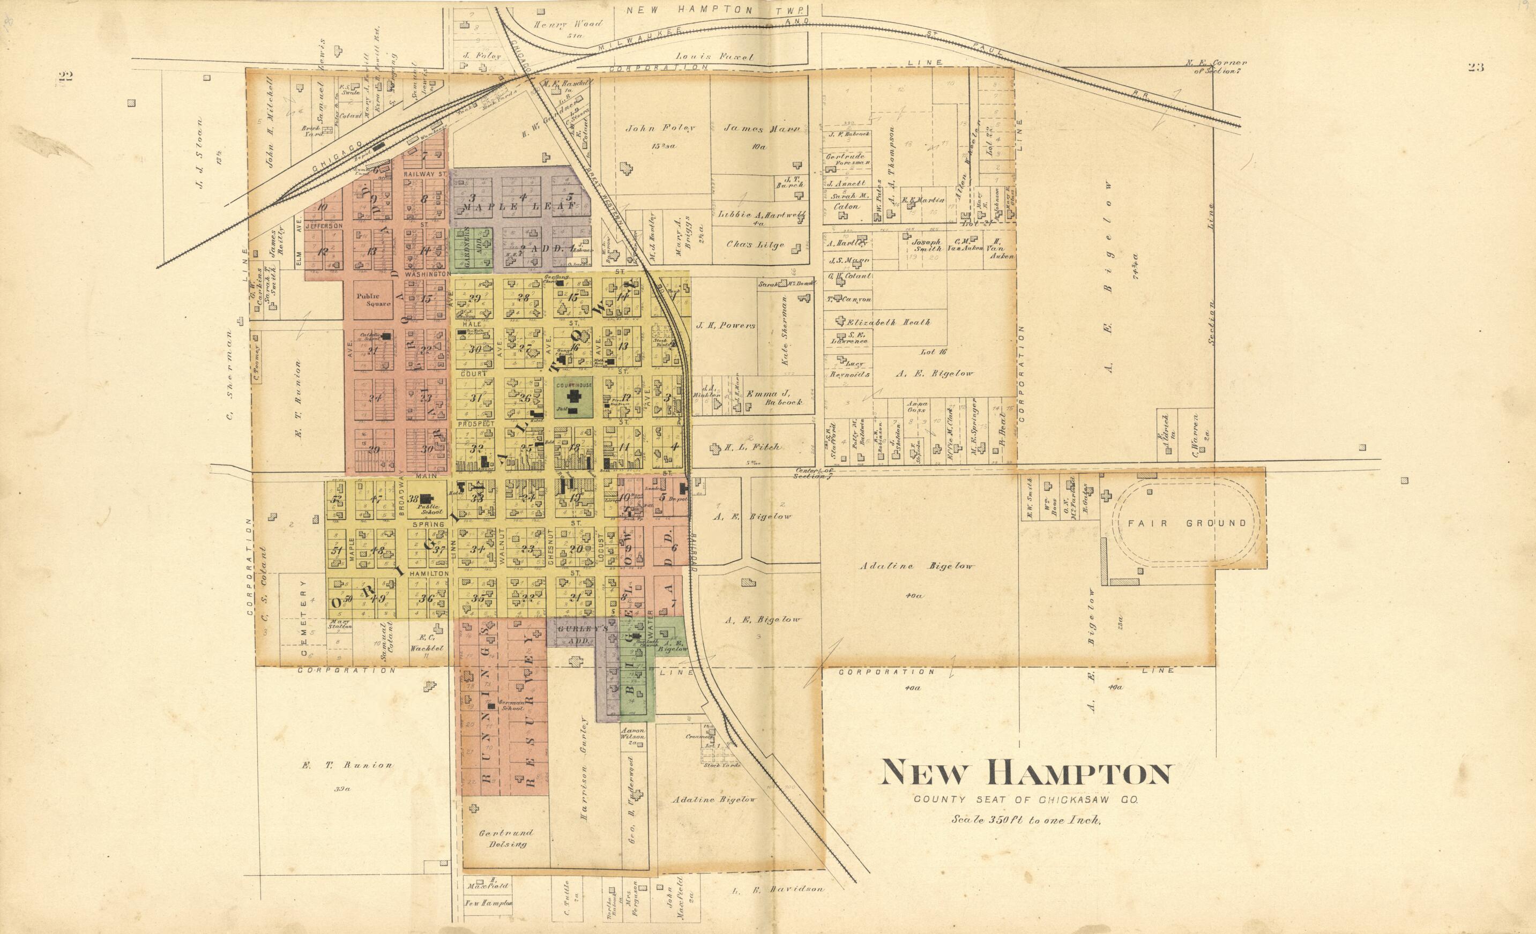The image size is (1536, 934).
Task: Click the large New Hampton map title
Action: [x=1025, y=774]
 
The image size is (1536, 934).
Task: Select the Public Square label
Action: [x=373, y=300]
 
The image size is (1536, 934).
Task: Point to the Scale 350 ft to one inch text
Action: [x=1026, y=820]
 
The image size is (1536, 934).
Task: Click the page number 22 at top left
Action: [x=65, y=77]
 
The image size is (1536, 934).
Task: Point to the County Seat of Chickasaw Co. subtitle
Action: [x=1026, y=800]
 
